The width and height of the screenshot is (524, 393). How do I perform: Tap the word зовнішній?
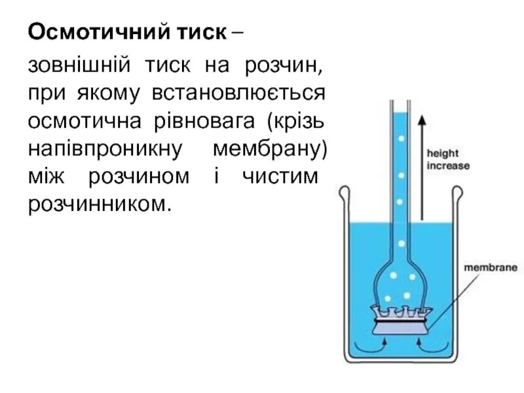click(x=74, y=66)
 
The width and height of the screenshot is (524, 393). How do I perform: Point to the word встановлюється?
click(x=239, y=94)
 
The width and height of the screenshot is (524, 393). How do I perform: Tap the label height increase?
click(x=448, y=159)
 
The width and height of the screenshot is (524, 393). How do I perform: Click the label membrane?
click(x=491, y=268)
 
